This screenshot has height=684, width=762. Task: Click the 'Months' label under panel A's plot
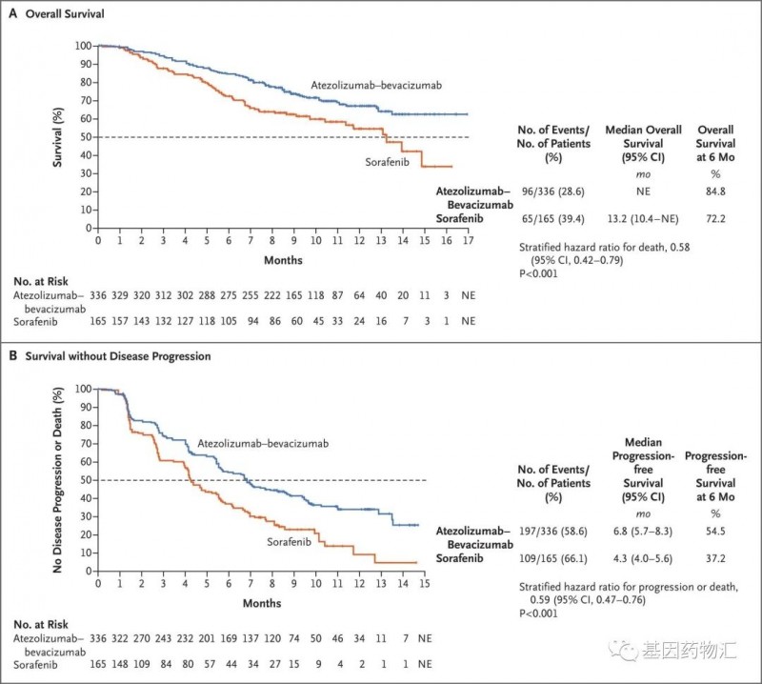click(x=284, y=259)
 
